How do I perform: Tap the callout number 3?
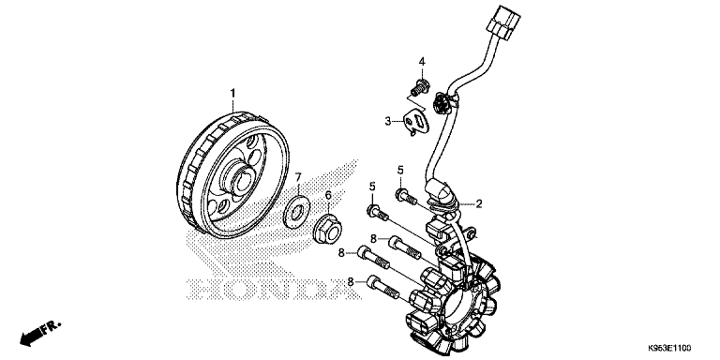(x=386, y=121)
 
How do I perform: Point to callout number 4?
(x=422, y=62)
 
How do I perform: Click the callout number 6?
(x=329, y=195)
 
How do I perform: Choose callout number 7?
(x=297, y=177)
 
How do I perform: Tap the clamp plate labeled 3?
(x=410, y=120)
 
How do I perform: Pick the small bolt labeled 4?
(x=419, y=90)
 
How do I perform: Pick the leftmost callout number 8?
(x=343, y=252)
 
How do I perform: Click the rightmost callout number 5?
(x=399, y=170)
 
